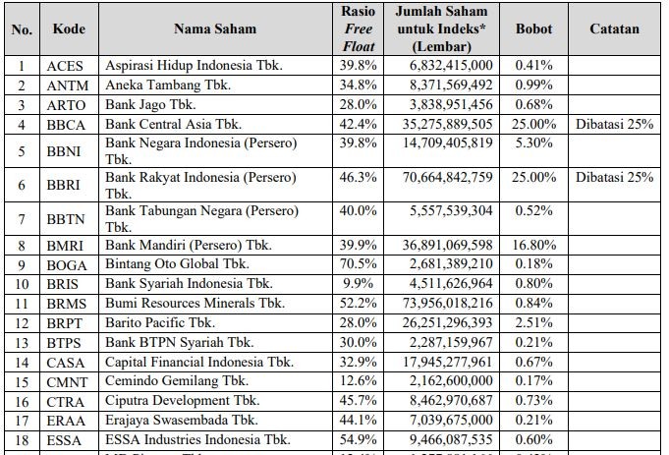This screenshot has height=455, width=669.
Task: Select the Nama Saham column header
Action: click(216, 29)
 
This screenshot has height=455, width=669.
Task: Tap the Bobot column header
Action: click(533, 29)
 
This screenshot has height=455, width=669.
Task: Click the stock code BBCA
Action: click(68, 124)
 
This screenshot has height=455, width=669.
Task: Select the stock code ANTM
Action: click(68, 85)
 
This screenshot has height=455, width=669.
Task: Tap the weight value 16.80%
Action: click(533, 246)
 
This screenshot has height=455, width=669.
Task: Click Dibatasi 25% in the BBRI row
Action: click(615, 177)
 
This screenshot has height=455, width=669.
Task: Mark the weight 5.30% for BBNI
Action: click(533, 142)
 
